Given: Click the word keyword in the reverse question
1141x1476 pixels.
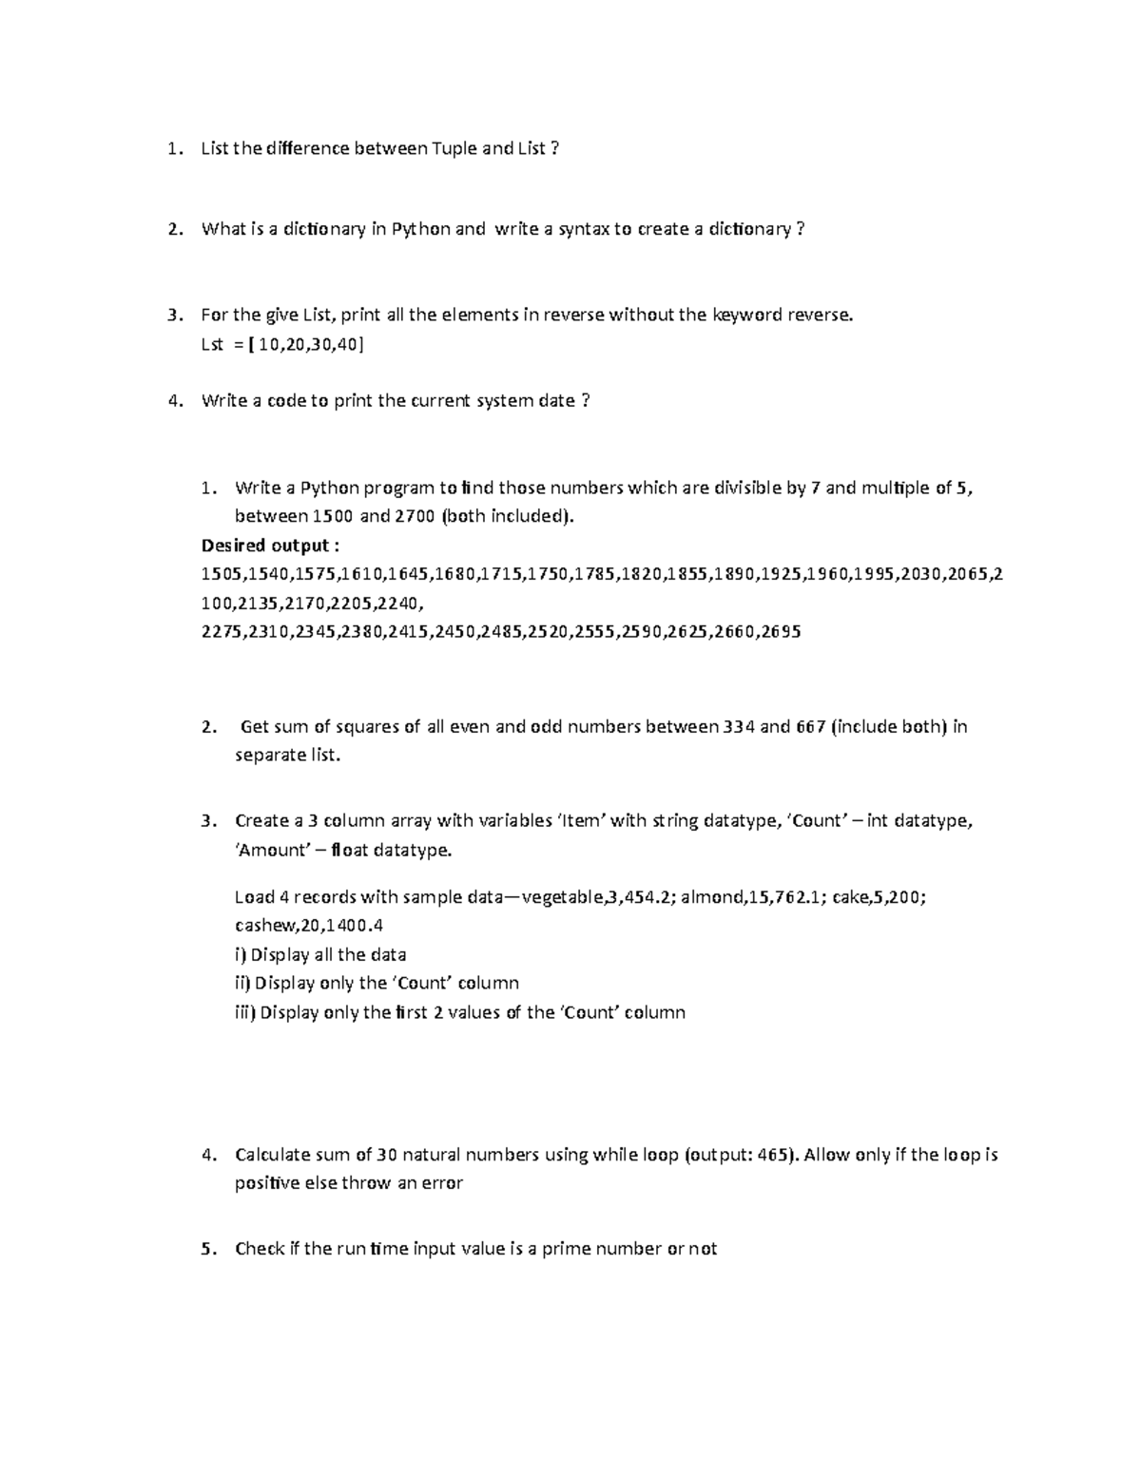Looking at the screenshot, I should click(746, 315).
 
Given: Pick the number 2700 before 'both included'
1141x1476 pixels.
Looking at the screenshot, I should click(407, 517).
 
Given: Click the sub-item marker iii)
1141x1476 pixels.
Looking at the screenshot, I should click(245, 1012).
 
